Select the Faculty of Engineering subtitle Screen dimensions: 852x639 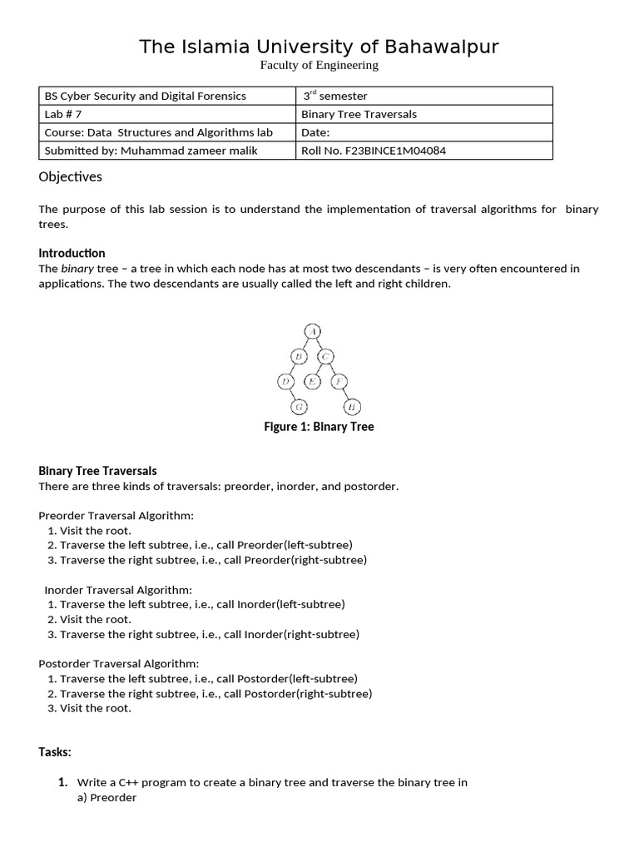pyautogui.click(x=319, y=65)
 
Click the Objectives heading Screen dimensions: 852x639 pyautogui.click(x=70, y=176)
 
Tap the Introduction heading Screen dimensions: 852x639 pyautogui.click(x=72, y=253)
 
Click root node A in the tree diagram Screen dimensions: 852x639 pyautogui.click(x=312, y=331)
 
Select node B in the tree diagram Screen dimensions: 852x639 pyautogui.click(x=298, y=357)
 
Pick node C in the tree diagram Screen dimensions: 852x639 pyautogui.click(x=326, y=357)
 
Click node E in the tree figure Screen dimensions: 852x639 pyautogui.click(x=312, y=382)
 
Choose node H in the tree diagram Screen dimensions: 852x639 pyautogui.click(x=354, y=407)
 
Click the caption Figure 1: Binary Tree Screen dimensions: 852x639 pyautogui.click(x=319, y=427)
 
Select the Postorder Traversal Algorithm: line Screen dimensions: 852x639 pyautogui.click(x=119, y=663)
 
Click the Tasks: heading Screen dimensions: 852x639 pyautogui.click(x=55, y=752)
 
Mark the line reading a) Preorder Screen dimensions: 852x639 pyautogui.click(x=106, y=798)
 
